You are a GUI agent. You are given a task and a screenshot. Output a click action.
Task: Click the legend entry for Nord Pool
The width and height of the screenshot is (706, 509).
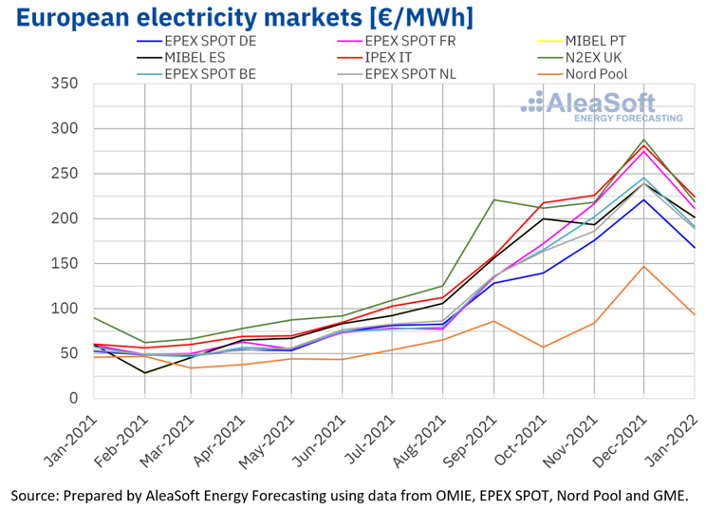click(595, 73)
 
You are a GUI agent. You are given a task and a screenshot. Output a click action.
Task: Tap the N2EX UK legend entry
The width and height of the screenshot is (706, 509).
click(598, 57)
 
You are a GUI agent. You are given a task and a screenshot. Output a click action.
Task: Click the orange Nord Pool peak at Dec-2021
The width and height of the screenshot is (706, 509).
click(643, 266)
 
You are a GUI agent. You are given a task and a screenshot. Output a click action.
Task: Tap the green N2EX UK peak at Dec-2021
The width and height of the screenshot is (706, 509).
click(643, 140)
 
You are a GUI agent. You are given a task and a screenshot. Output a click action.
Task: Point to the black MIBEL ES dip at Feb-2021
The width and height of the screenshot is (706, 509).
click(145, 373)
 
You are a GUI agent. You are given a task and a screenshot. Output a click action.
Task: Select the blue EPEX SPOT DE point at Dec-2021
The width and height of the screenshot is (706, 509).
click(643, 199)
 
